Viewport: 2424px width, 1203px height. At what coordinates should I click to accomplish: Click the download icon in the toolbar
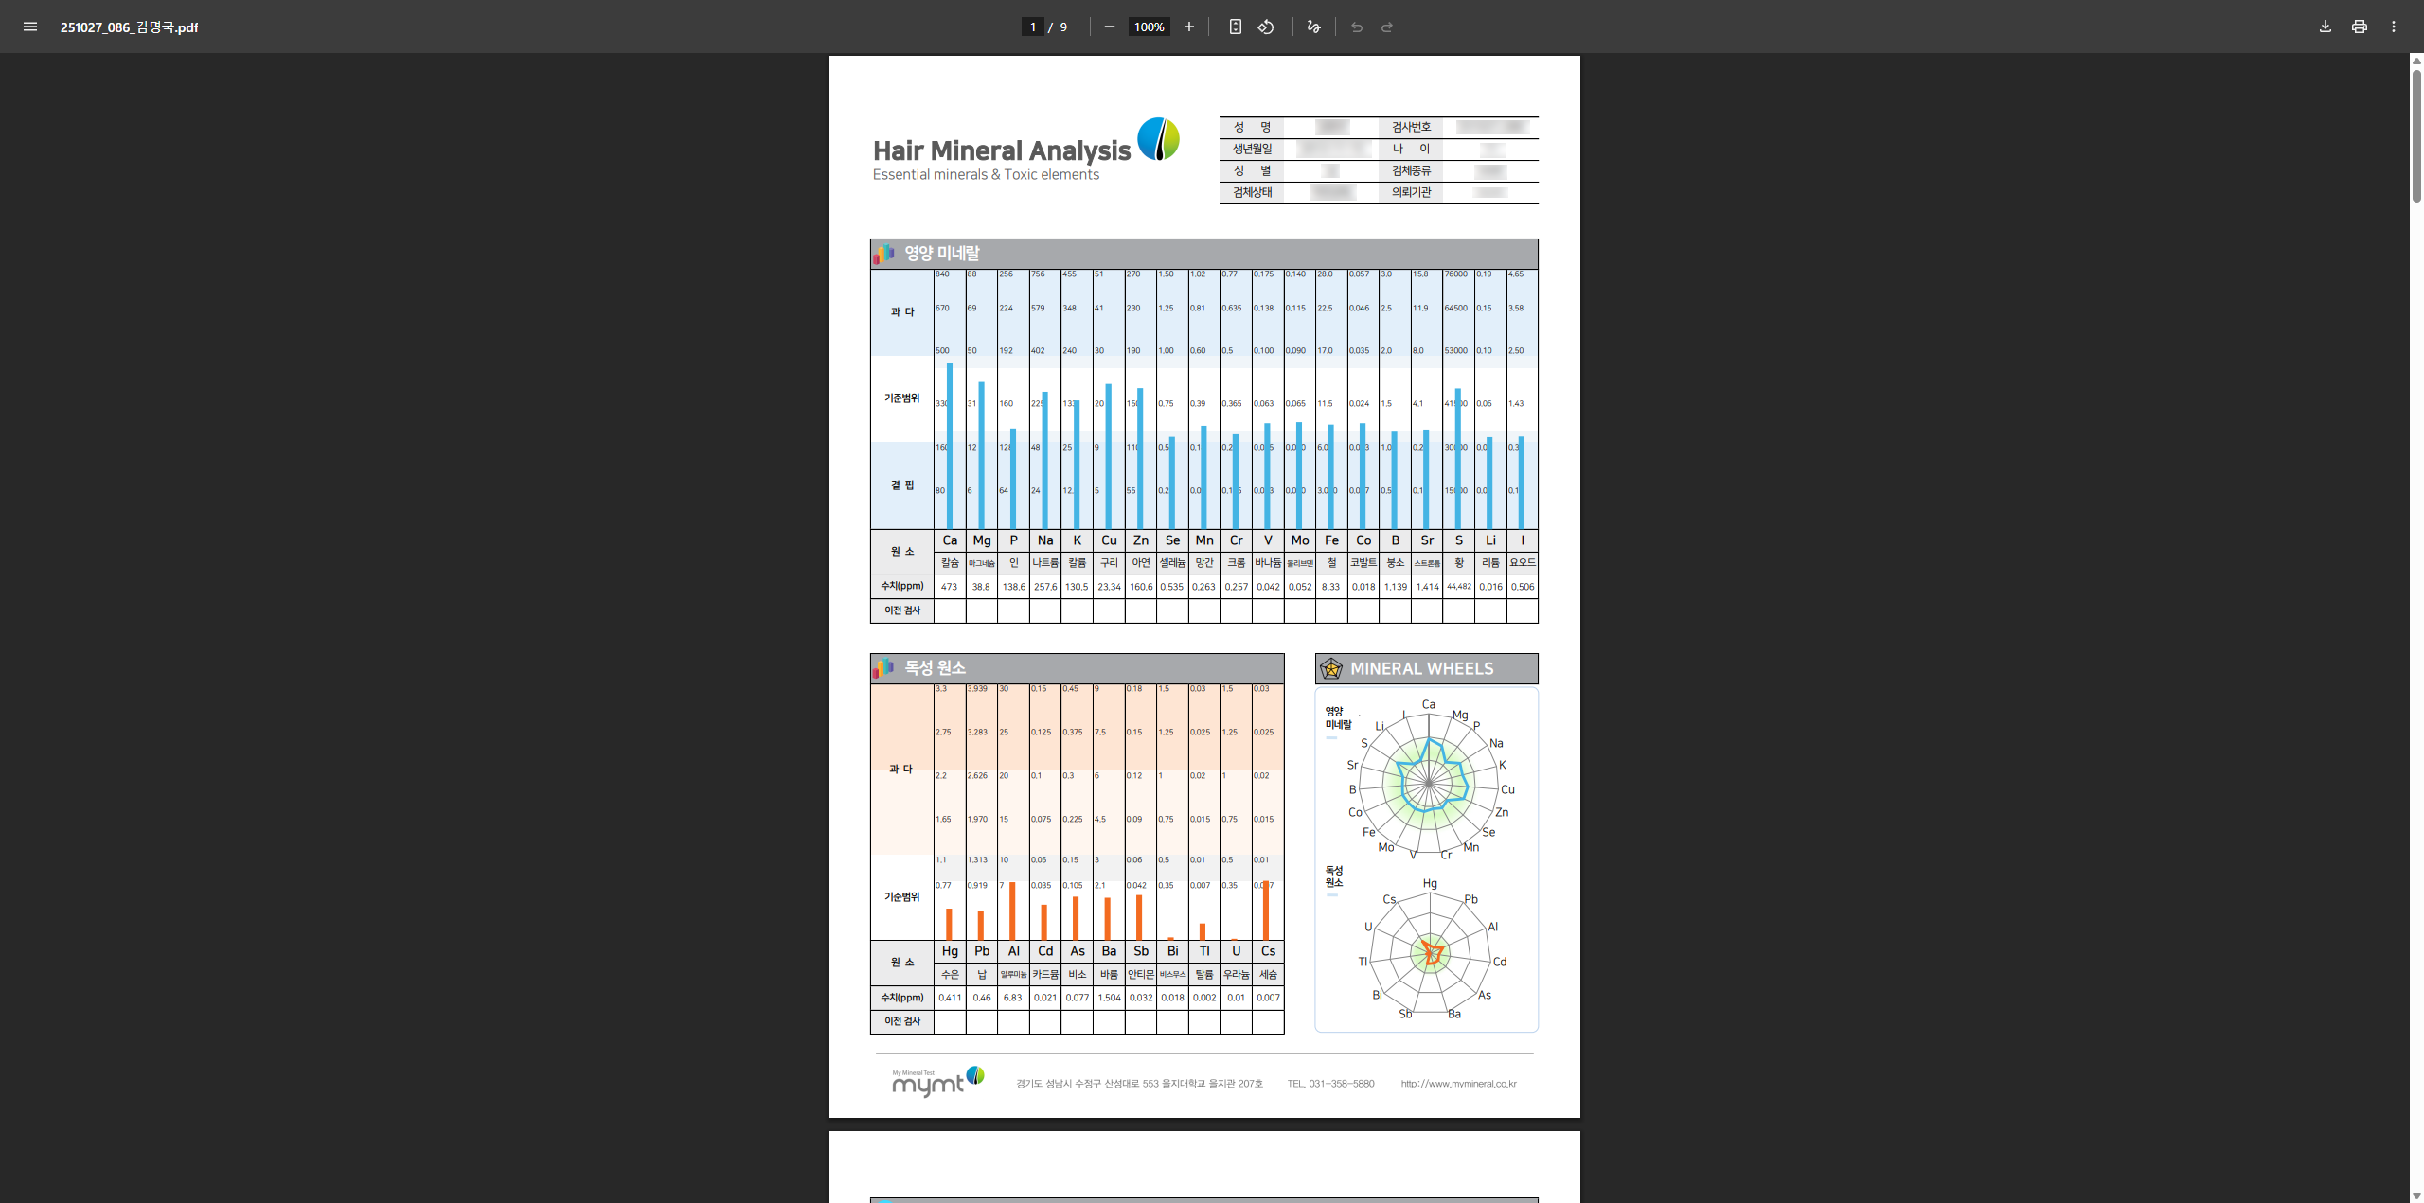[x=2325, y=27]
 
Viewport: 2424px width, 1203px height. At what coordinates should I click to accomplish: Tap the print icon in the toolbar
[x=2359, y=27]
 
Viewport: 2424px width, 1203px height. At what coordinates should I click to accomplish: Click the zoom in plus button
[x=1189, y=27]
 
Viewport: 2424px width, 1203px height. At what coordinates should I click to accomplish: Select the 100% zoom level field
[x=1149, y=27]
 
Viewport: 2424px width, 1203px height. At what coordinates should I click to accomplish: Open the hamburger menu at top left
[x=30, y=27]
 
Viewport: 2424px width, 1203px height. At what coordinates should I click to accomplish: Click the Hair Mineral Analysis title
[x=1002, y=150]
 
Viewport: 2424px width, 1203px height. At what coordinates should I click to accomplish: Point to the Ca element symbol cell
[x=950, y=540]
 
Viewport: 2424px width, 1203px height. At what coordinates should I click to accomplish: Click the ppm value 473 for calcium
[x=949, y=587]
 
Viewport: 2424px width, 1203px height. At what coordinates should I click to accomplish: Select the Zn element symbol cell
[x=1141, y=540]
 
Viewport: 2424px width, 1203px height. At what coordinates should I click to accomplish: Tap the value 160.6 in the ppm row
[x=1141, y=587]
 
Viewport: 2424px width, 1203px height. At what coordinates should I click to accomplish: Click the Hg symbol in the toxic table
[x=950, y=951]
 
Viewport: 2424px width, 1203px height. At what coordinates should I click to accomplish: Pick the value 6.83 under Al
[x=1013, y=998]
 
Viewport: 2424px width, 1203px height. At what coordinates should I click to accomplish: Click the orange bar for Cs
[x=1266, y=911]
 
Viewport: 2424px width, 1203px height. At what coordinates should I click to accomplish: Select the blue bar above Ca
[x=950, y=445]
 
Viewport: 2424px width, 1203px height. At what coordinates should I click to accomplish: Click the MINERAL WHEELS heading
[x=1421, y=669]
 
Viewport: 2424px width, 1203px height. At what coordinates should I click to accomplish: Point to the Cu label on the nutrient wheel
[x=1507, y=789]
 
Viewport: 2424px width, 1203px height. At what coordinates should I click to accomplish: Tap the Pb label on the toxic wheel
[x=1470, y=899]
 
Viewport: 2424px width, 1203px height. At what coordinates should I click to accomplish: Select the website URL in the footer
[x=1458, y=1084]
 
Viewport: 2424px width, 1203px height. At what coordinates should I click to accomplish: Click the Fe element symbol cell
[x=1332, y=540]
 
